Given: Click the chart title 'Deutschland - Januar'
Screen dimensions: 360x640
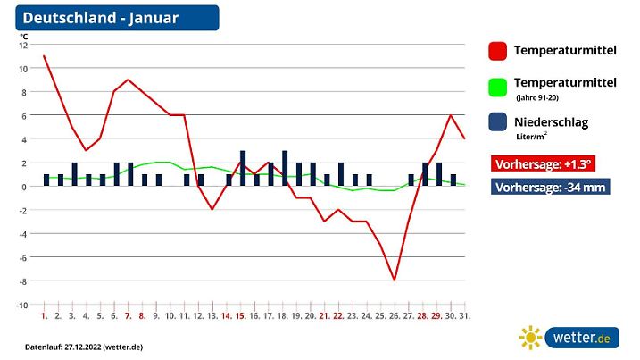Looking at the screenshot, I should point(100,18).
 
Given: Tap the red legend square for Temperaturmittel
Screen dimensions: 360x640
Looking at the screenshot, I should point(499,51).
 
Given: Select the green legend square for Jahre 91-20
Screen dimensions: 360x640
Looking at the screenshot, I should point(499,86).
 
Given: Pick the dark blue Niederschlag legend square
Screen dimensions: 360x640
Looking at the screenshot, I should point(499,123).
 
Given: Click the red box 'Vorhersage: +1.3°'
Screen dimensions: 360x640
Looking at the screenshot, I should point(542,164).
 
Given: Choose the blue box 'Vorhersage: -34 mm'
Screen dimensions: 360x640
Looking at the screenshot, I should point(551,188).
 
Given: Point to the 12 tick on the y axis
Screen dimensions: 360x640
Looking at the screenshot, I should point(24,45).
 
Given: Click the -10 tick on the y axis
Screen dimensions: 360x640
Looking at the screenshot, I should point(22,305).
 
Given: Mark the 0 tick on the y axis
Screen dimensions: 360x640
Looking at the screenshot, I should point(25,187).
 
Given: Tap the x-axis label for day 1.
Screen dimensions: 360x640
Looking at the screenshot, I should point(44,316).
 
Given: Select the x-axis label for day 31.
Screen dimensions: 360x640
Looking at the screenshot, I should point(465,316).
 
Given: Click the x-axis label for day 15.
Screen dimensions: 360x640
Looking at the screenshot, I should point(241,316).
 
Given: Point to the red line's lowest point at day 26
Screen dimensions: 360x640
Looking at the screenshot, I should point(395,280).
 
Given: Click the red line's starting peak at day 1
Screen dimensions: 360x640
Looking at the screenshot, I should point(44,56).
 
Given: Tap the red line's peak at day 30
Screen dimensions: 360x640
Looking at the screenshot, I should point(452,115).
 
